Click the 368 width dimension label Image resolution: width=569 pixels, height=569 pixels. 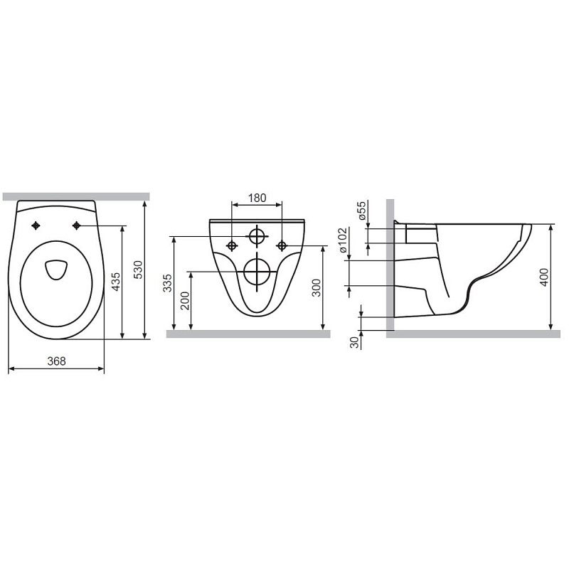point(57,361)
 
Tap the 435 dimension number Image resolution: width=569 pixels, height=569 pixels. point(115,282)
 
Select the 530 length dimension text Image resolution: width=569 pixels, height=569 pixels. point(139,270)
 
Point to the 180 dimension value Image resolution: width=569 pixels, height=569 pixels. point(257,198)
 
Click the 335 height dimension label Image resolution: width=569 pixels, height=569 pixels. point(167,283)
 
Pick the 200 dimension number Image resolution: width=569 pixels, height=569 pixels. point(185,300)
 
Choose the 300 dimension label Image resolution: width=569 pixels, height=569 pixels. point(317,288)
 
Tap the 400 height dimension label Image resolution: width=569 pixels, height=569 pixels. point(544,277)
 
